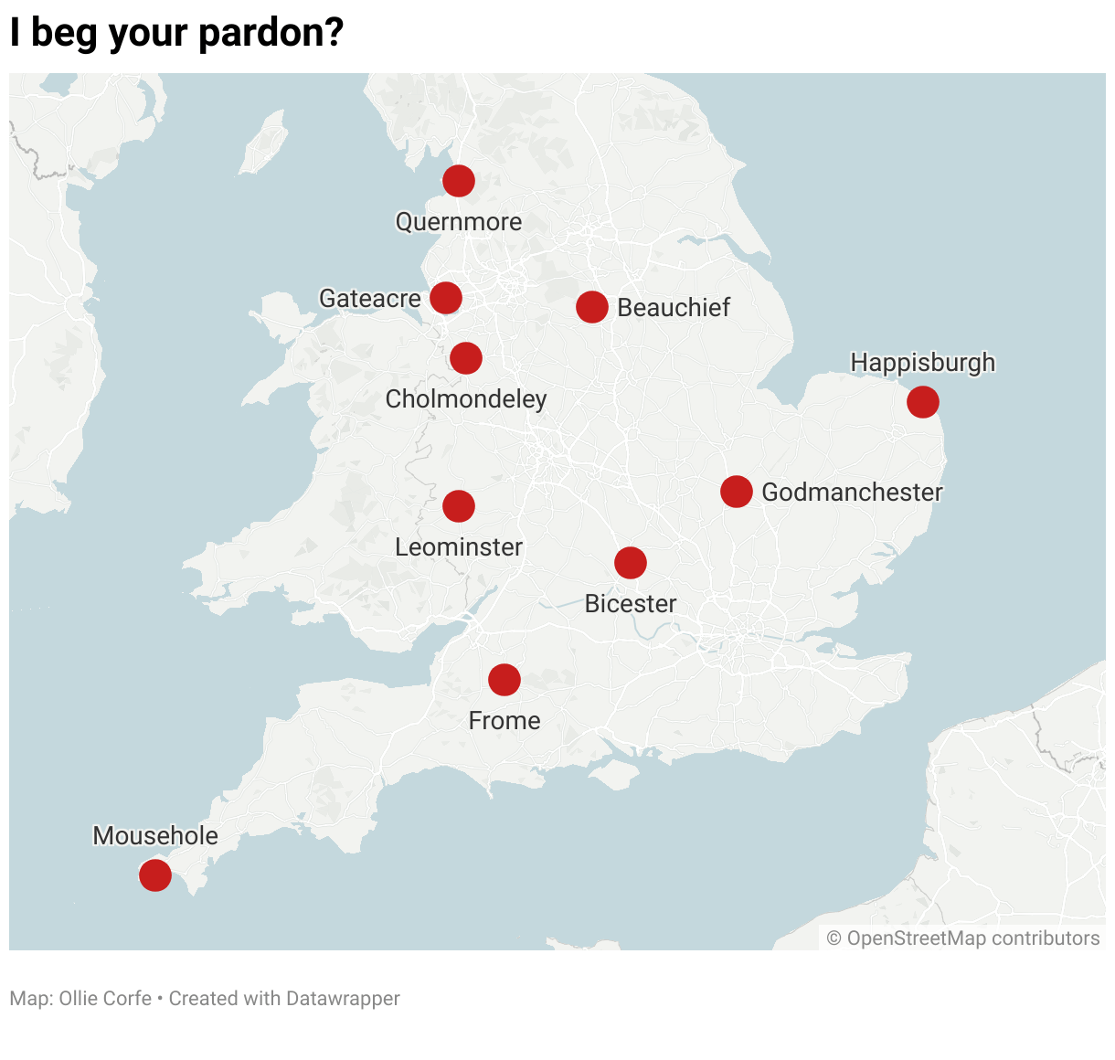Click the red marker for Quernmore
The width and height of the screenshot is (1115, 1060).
click(x=459, y=181)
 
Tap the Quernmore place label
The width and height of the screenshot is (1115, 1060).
click(x=459, y=222)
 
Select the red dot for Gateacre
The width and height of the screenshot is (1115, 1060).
click(x=446, y=298)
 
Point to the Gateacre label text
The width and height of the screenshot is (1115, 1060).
click(x=369, y=299)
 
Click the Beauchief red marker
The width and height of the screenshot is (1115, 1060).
click(x=592, y=307)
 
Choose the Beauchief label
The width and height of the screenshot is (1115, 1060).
click(x=674, y=308)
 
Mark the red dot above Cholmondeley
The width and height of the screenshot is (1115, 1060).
click(x=466, y=358)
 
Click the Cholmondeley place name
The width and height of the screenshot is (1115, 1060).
click(x=466, y=399)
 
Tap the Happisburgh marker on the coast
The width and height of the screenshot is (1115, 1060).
click(x=923, y=402)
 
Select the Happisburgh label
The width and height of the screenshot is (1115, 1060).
click(x=923, y=363)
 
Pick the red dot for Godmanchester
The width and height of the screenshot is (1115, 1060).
click(x=737, y=492)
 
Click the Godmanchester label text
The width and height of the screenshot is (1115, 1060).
click(x=852, y=493)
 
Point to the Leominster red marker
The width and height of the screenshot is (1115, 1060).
click(x=459, y=506)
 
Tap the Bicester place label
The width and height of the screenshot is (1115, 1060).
click(x=631, y=604)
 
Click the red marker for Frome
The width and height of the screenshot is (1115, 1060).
click(x=504, y=680)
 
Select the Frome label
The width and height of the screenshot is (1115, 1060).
click(x=504, y=721)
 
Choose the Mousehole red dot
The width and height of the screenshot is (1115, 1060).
click(x=155, y=875)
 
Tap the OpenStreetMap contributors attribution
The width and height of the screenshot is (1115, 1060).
click(x=963, y=938)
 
